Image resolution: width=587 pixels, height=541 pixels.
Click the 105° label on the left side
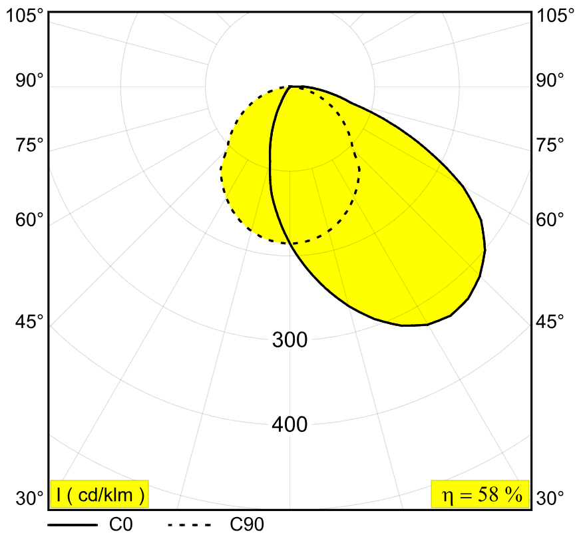click(x=25, y=16)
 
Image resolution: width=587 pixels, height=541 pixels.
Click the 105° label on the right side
click(x=555, y=16)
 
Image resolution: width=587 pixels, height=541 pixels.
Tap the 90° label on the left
click(x=29, y=81)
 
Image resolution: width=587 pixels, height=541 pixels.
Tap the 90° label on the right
click(x=550, y=81)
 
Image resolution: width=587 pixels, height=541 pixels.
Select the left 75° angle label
click(x=29, y=145)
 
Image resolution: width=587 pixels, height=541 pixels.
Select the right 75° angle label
click(x=550, y=145)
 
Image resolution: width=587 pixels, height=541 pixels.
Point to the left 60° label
click(x=29, y=220)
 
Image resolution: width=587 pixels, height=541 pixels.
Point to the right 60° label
click(x=550, y=220)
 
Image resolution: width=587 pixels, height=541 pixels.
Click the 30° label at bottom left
click(x=29, y=498)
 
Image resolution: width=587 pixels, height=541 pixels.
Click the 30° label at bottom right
click(x=550, y=498)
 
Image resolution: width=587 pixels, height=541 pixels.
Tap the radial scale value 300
click(x=290, y=340)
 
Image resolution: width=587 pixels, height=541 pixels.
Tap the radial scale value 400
click(x=290, y=425)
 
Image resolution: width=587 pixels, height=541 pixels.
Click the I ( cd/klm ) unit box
click(x=100, y=494)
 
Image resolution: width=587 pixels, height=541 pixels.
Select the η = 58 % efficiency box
click(x=481, y=494)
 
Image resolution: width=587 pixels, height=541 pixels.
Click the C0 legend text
click(x=121, y=525)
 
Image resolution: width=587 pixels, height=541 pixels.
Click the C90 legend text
click(x=247, y=525)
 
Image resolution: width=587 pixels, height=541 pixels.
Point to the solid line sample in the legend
click(x=73, y=525)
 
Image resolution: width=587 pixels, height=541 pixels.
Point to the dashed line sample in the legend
click(x=190, y=525)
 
